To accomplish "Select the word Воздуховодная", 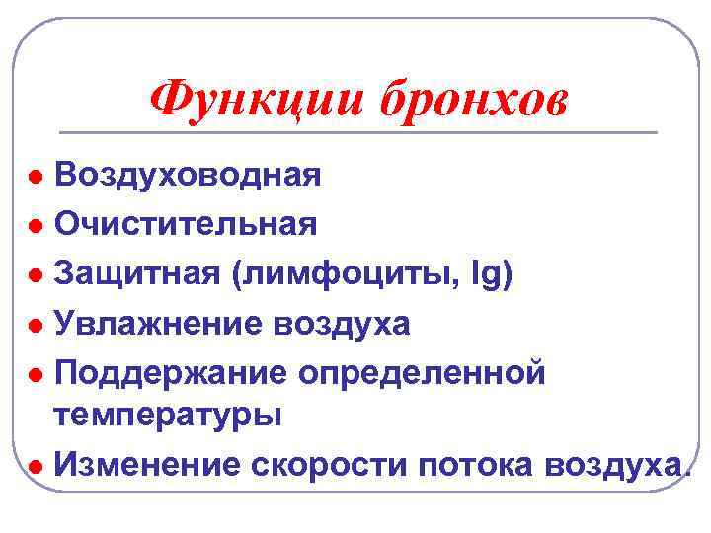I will (188, 176).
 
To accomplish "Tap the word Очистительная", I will (186, 224).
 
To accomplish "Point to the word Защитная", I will (137, 271).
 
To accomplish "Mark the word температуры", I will (168, 416).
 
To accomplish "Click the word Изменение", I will (146, 464).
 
